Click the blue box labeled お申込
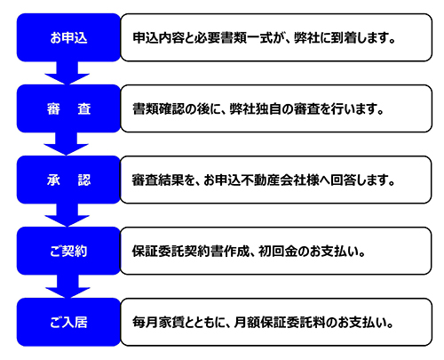pos(68,37)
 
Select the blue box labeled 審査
pos(68,108)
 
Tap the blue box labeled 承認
pos(68,180)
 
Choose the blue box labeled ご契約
pos(68,251)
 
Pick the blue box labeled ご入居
pos(68,322)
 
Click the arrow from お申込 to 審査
pos(67,73)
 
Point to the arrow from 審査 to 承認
pos(67,144)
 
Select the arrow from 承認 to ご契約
pos(67,215)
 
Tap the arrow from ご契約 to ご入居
pos(67,286)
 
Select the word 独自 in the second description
pos(268,109)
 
